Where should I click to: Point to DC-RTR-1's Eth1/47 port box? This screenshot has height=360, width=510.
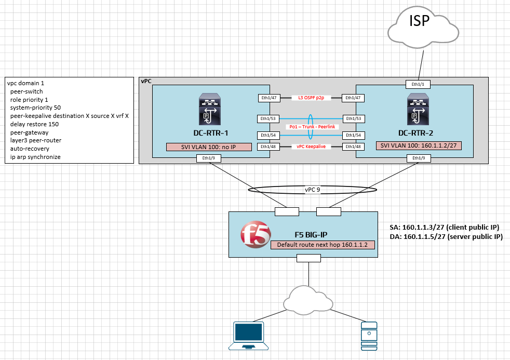tap(269, 98)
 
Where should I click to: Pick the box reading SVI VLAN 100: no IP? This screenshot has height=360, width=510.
tap(208, 147)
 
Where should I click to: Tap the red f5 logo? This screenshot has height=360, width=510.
tap(255, 235)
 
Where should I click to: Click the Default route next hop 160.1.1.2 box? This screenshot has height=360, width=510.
tap(323, 245)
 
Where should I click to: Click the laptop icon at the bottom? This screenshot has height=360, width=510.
tap(249, 336)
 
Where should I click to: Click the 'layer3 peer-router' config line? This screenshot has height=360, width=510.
tap(35, 140)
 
